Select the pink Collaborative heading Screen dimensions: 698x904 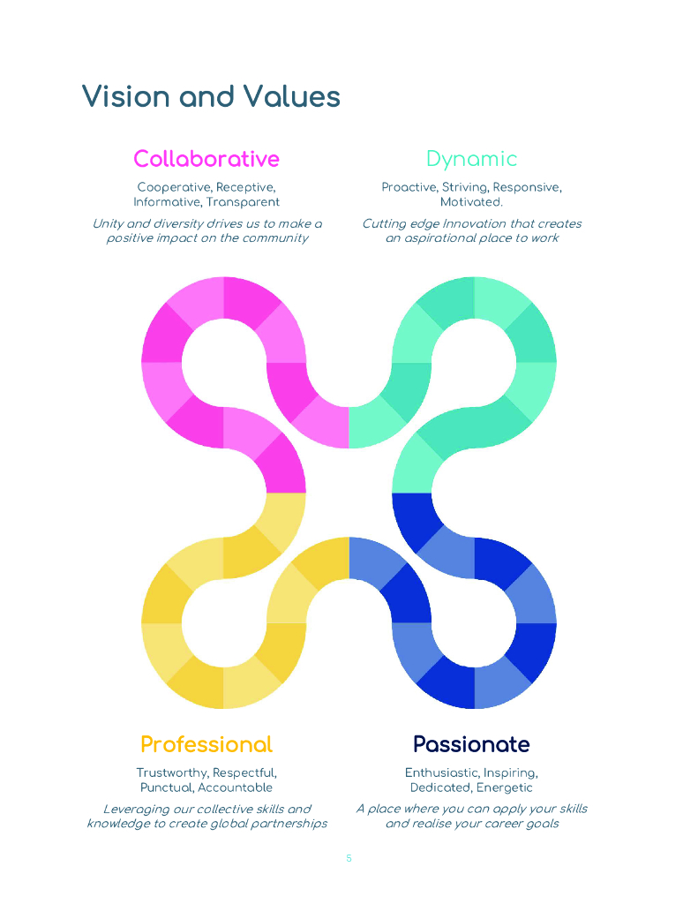click(206, 159)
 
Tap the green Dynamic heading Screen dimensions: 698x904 click(471, 160)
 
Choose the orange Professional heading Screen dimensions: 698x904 click(206, 744)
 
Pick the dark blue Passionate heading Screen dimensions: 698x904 click(471, 744)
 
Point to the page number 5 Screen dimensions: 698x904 click(349, 858)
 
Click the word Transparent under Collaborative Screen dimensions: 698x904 click(243, 202)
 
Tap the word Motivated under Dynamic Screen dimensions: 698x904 click(471, 202)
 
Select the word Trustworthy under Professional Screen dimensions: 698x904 click(173, 772)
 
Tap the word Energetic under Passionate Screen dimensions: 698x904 click(505, 787)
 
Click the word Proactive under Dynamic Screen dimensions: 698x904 click(409, 187)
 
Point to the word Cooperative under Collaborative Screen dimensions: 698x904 click(174, 187)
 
